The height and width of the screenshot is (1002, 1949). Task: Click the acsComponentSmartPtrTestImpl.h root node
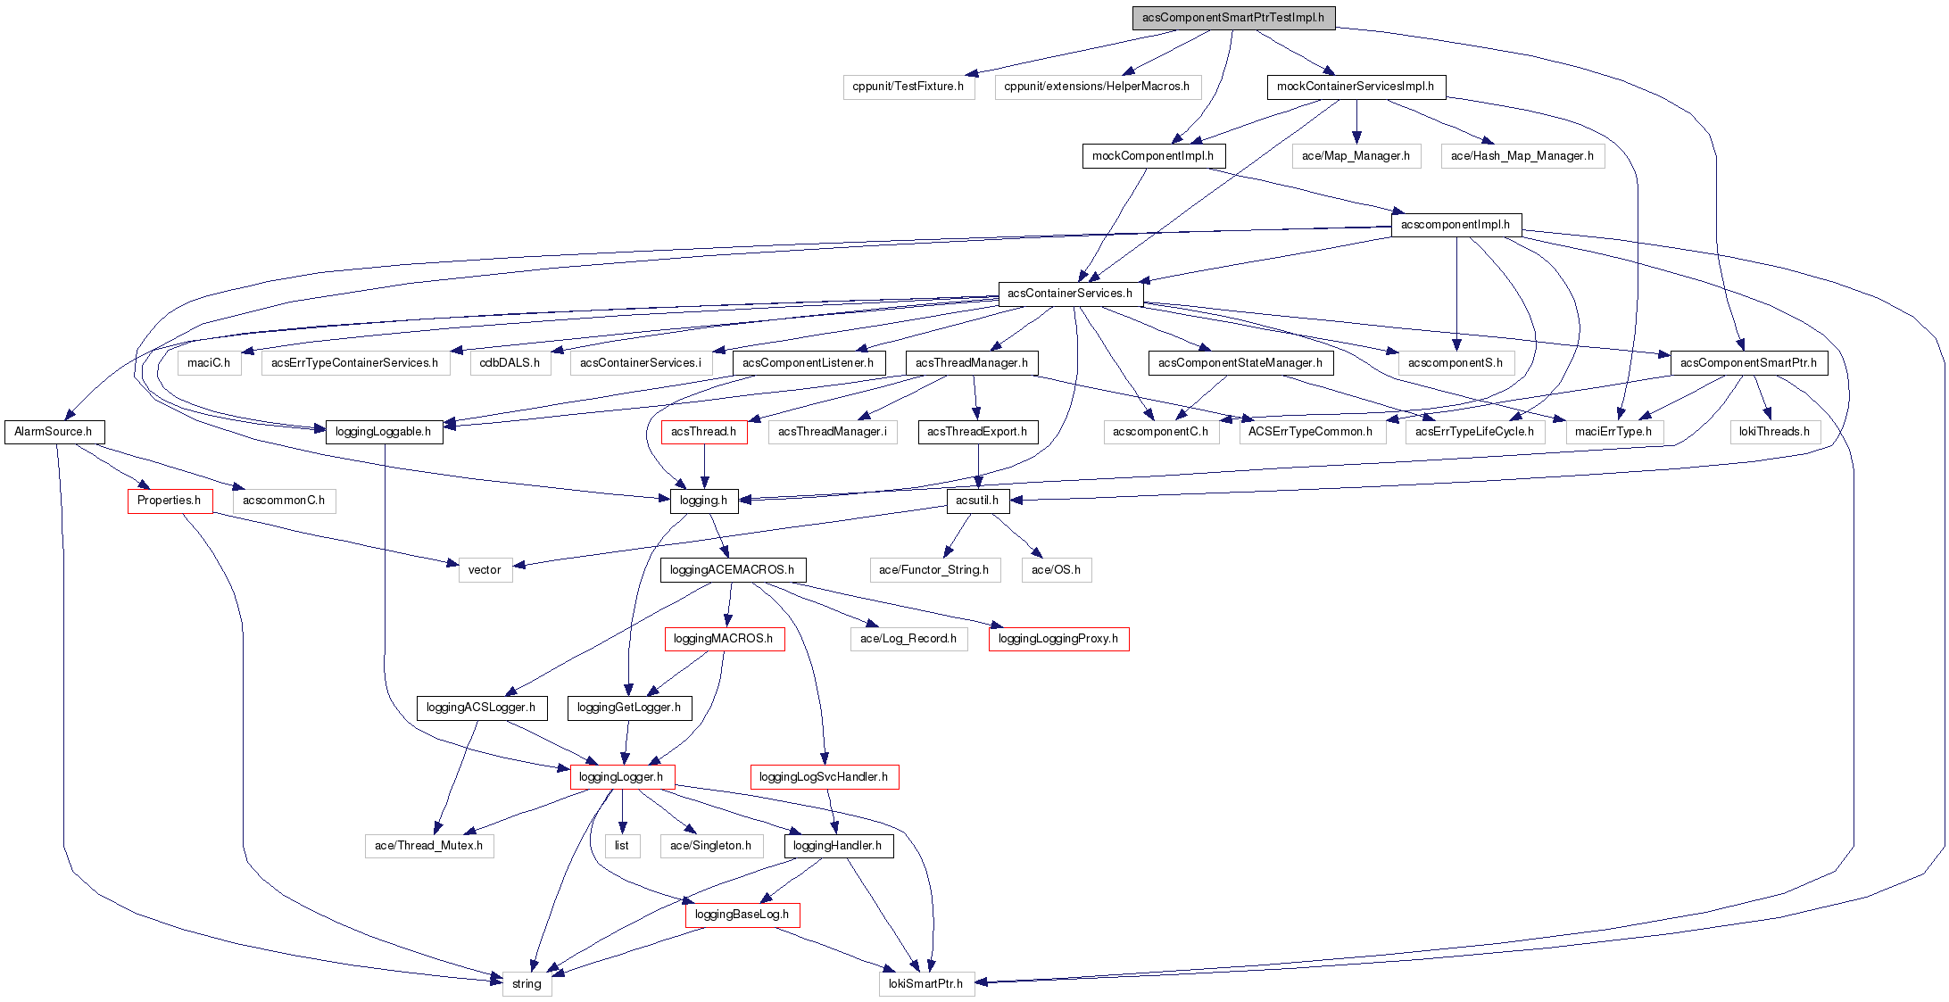point(1233,18)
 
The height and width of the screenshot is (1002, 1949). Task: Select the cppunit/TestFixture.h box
point(908,87)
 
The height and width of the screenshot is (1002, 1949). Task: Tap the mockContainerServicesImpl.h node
point(1355,87)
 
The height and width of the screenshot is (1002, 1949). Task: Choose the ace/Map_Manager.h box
point(1356,156)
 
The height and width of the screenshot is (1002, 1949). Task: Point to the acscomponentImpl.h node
point(1456,225)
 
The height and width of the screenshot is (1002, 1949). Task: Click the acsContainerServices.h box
point(1070,294)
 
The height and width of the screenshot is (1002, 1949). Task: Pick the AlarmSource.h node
point(54,432)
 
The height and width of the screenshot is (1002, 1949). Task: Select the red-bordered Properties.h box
point(170,501)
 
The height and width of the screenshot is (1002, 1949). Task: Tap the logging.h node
point(703,501)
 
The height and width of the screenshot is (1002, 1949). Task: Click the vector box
point(485,570)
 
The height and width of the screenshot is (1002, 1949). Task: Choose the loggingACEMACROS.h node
point(732,570)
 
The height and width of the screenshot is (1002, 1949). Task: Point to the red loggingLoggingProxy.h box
point(1057,639)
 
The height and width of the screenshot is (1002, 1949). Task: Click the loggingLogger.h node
point(622,777)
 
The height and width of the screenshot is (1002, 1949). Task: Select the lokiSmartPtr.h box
point(925,984)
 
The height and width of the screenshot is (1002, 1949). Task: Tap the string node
point(527,984)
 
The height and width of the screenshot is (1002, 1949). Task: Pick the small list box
point(622,846)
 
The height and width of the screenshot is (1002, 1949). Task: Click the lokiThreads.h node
point(1774,432)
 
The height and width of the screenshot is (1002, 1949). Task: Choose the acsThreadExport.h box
point(977,432)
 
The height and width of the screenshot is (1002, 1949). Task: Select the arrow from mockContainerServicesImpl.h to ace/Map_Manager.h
point(1356,121)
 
